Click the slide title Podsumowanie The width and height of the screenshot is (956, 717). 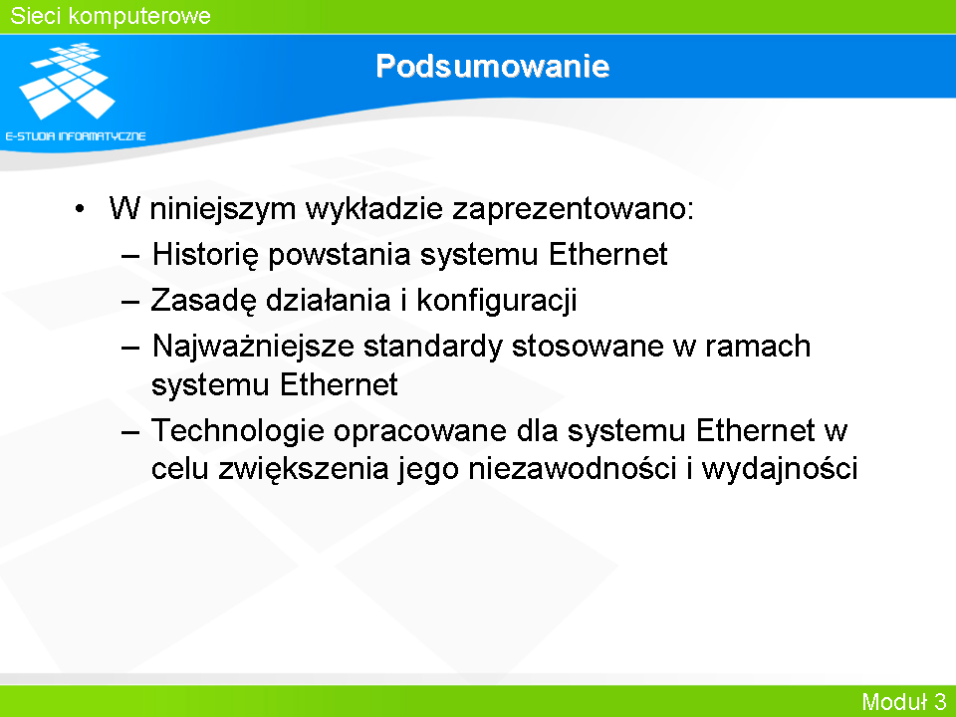[x=493, y=66]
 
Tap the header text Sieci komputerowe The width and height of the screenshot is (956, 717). [x=111, y=16]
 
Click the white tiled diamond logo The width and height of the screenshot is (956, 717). [x=67, y=81]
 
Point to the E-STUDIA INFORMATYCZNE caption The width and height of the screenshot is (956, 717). [x=76, y=136]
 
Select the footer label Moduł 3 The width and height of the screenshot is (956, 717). [x=904, y=701]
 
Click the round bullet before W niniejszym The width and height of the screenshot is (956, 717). [x=80, y=209]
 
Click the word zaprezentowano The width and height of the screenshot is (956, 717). [x=573, y=209]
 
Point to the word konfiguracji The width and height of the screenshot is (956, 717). [x=497, y=300]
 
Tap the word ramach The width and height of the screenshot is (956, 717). [x=758, y=346]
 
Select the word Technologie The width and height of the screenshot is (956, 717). [x=238, y=430]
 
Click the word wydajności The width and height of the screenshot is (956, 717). [x=780, y=469]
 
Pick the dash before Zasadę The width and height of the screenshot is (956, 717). [x=130, y=301]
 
